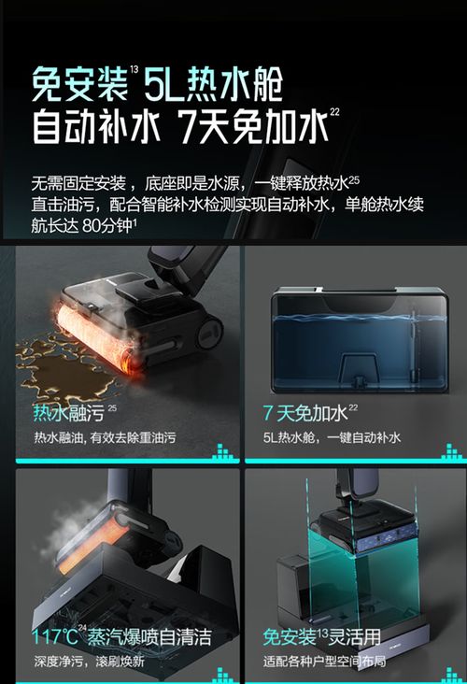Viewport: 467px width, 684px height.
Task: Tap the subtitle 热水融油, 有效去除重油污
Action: click(105, 437)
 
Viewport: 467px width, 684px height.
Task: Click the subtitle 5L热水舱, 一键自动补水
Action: click(331, 437)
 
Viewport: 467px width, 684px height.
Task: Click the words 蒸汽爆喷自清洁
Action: click(149, 638)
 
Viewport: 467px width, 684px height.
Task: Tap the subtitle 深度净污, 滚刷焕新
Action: click(92, 662)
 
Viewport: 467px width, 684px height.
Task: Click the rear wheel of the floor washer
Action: click(208, 330)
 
